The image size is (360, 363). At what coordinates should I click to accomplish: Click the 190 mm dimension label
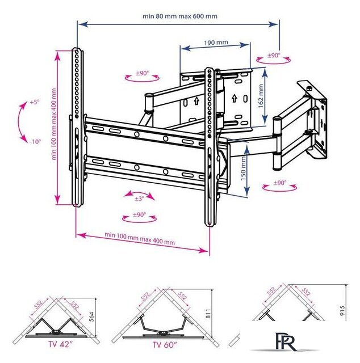[216, 43]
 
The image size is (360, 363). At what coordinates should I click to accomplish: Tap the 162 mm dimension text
[261, 96]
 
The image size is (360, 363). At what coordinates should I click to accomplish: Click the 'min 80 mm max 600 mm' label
[180, 16]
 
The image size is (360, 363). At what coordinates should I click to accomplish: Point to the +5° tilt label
[35, 102]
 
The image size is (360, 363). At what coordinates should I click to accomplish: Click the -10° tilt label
[35, 141]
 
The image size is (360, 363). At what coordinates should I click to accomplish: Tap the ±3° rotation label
[140, 199]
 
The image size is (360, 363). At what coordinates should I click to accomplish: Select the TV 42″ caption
[59, 344]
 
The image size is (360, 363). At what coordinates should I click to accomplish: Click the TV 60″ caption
[165, 345]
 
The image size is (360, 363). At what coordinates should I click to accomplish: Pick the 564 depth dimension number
[91, 317]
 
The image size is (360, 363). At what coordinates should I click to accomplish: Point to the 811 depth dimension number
[208, 313]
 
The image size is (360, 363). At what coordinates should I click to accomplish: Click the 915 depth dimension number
[342, 310]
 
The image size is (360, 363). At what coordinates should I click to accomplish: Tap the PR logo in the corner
[286, 341]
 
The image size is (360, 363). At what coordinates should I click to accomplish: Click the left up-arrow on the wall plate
[197, 101]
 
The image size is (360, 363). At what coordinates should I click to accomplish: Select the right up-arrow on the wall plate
[235, 98]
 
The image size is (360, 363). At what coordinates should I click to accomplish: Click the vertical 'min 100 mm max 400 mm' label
[55, 124]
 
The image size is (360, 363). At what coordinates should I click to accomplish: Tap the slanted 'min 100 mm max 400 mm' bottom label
[140, 238]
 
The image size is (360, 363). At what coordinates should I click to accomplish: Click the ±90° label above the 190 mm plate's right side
[274, 56]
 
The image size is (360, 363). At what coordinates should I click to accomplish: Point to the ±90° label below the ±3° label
[139, 214]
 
